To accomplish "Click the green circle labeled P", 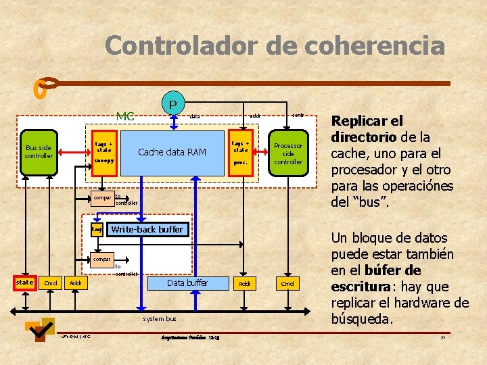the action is [x=172, y=104].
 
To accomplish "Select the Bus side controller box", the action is [x=39, y=151].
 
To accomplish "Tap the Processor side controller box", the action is [x=288, y=153].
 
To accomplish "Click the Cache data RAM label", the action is [x=172, y=151].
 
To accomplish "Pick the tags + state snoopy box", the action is [x=104, y=152].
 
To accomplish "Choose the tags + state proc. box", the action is [x=241, y=152].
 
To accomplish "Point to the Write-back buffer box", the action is [x=147, y=229].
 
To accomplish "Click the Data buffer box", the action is [x=187, y=283].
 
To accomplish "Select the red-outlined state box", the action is [x=25, y=282].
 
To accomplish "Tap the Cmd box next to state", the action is [x=51, y=283].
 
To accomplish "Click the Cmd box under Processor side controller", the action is [x=288, y=283].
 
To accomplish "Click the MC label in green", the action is [x=125, y=116].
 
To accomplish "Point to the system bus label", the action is [x=160, y=318].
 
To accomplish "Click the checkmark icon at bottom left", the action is [x=39, y=329].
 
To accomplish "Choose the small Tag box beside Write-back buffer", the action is [x=97, y=230].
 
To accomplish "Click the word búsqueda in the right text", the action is [x=362, y=318].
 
